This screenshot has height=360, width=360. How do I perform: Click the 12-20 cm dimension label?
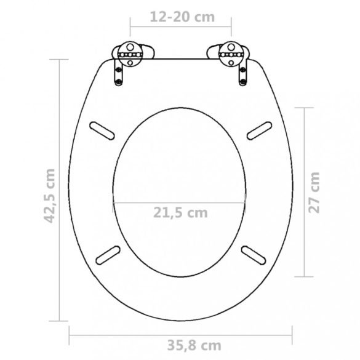point(180,17)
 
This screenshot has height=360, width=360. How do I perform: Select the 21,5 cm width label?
point(180,214)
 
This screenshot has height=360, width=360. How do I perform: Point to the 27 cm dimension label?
point(314,191)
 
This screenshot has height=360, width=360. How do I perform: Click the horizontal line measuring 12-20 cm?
point(180,27)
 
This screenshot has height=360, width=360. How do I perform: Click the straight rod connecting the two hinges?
point(180,59)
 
